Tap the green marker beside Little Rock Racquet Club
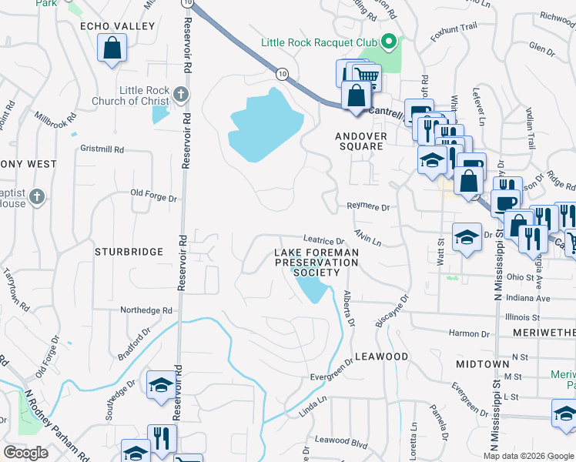pos(389,42)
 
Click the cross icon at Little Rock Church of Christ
pos(180,95)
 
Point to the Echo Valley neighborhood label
pos(118,26)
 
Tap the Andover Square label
pos(360,141)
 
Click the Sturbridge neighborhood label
pos(129,252)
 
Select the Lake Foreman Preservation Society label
pos(317,263)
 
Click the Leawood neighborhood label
pos(381,357)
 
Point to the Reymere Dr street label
pos(368,207)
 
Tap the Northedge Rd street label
pos(146,310)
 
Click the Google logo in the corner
pos(25,453)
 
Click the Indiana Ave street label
pos(528,298)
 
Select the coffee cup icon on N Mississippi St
pos(505,203)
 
